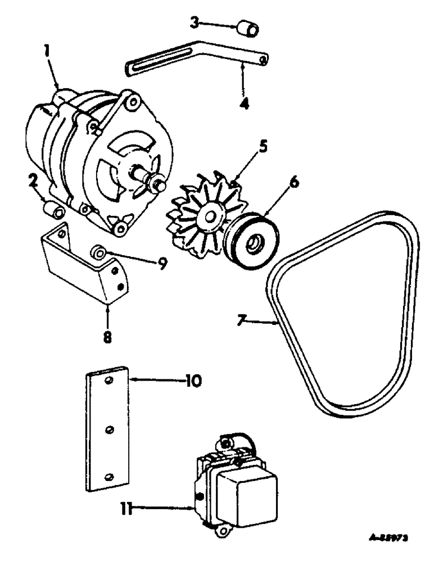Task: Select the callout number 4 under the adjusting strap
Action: pyautogui.click(x=244, y=104)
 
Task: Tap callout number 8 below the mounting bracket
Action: pyautogui.click(x=107, y=337)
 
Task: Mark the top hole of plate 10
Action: pyautogui.click(x=110, y=382)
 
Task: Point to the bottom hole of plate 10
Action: pyautogui.click(x=107, y=475)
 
